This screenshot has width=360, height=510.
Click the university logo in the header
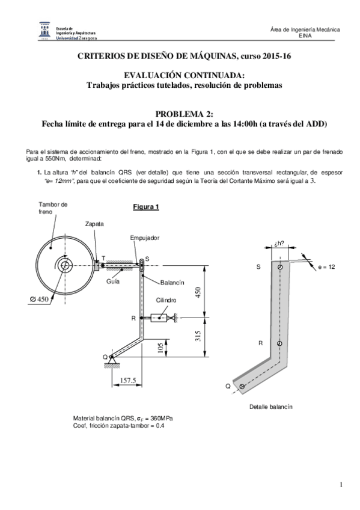point(44,30)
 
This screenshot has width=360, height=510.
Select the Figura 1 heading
point(146,207)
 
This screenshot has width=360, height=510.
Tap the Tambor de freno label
point(53,208)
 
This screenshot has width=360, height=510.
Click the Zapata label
point(94,224)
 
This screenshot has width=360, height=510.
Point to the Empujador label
point(145,238)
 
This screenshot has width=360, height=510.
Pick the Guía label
point(113,281)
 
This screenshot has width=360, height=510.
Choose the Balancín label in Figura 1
point(172,283)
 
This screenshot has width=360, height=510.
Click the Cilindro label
point(166,300)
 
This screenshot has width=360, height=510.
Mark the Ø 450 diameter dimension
point(39,300)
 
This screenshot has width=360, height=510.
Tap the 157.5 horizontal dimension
point(127,380)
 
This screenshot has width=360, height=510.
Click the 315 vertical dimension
point(198,336)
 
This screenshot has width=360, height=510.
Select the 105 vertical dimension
point(160,348)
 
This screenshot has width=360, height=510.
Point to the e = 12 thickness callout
point(326,267)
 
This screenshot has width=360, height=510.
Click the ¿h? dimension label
point(279,243)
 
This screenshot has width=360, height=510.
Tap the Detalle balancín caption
point(270,407)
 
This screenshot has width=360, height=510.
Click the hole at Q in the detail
point(242,386)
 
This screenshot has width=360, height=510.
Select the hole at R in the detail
point(279,343)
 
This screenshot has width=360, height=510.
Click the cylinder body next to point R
point(159,318)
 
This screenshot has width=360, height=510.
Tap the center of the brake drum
point(65,265)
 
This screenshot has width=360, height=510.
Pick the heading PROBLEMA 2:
point(185,114)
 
